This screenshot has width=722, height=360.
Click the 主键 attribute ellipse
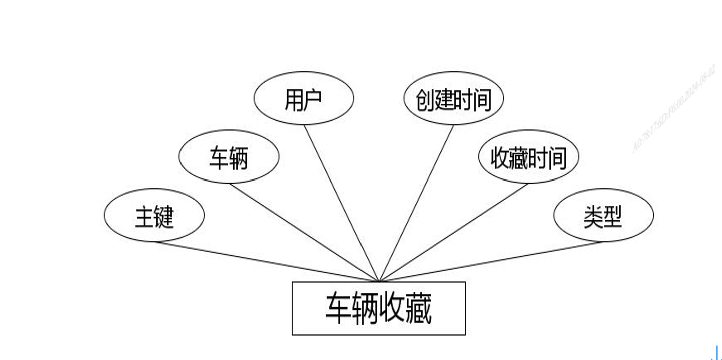coord(154,216)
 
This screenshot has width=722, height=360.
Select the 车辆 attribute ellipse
coord(229,157)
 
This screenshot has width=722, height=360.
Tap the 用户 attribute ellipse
coord(304,98)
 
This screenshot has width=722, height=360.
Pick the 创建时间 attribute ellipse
coord(453,99)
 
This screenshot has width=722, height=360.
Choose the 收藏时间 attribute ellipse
coord(528,157)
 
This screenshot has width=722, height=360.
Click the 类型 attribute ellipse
coord(603,216)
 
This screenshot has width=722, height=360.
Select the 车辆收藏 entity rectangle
coord(379,308)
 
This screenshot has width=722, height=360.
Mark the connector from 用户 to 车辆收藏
coord(341,203)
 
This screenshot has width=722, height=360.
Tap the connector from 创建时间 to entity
coord(416,203)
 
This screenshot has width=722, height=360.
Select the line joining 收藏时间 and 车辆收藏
coord(454,232)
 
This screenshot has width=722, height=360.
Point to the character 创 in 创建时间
coord(425,100)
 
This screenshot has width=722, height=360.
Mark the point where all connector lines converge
coord(379,281)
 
